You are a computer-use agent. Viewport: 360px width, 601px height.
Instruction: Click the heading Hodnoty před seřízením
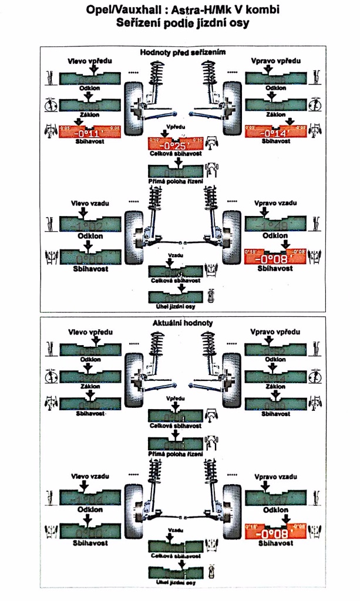[183, 52]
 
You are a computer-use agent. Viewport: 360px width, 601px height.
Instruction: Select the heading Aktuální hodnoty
[183, 323]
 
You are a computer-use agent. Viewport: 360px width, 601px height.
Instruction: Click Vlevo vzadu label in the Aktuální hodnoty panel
[89, 476]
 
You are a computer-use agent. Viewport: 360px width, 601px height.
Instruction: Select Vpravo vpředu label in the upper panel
[276, 61]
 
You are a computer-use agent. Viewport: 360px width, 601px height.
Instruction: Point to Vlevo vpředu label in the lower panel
[89, 332]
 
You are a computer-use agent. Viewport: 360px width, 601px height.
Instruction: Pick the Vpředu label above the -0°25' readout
[176, 127]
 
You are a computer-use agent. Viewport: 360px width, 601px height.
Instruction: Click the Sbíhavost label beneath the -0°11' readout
[90, 141]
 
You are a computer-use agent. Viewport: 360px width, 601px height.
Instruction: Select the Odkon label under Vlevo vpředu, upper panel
[90, 87]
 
